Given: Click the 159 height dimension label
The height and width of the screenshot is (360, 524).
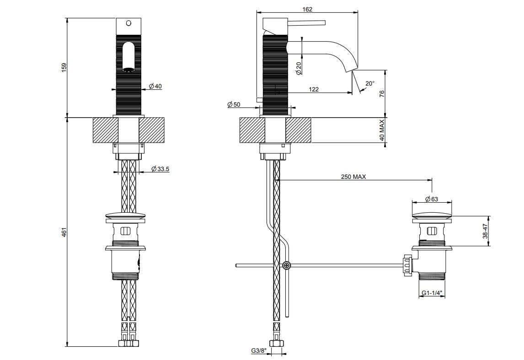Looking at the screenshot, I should point(64,67).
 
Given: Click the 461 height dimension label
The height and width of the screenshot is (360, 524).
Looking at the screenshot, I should point(64,232).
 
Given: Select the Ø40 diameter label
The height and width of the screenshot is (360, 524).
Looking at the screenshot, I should point(155,86).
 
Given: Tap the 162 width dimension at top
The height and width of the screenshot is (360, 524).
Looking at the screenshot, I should point(307,9).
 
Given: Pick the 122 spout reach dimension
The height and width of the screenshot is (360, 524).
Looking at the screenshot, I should point(314,90).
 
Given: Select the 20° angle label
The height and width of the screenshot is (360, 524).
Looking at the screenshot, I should point(370,83).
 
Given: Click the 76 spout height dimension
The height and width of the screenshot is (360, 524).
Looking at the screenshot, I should point(382,93).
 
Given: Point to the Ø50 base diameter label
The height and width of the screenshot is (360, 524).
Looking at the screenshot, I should point(234,105).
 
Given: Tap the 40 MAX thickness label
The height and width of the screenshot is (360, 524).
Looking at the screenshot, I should point(382,130).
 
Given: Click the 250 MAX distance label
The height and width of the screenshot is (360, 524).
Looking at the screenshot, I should point(353,177).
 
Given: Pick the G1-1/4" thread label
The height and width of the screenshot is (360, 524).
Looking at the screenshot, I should point(432,293).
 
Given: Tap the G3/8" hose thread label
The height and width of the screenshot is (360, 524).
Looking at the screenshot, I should point(258,351).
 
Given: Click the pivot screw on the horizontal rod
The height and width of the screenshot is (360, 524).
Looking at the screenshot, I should point(286,265).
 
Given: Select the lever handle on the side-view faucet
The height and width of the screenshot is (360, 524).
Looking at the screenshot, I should point(305,22).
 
